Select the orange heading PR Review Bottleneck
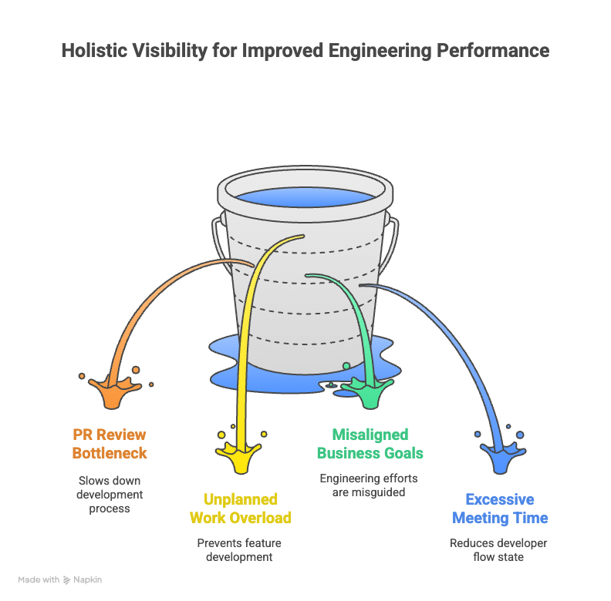tap(110, 444)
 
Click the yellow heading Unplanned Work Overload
tap(241, 509)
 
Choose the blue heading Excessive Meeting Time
tap(500, 509)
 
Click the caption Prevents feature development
tap(239, 550)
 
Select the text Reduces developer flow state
tap(498, 550)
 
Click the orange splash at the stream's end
tap(113, 391)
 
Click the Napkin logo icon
tap(67, 579)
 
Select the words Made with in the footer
tap(39, 579)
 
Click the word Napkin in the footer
tap(87, 579)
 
